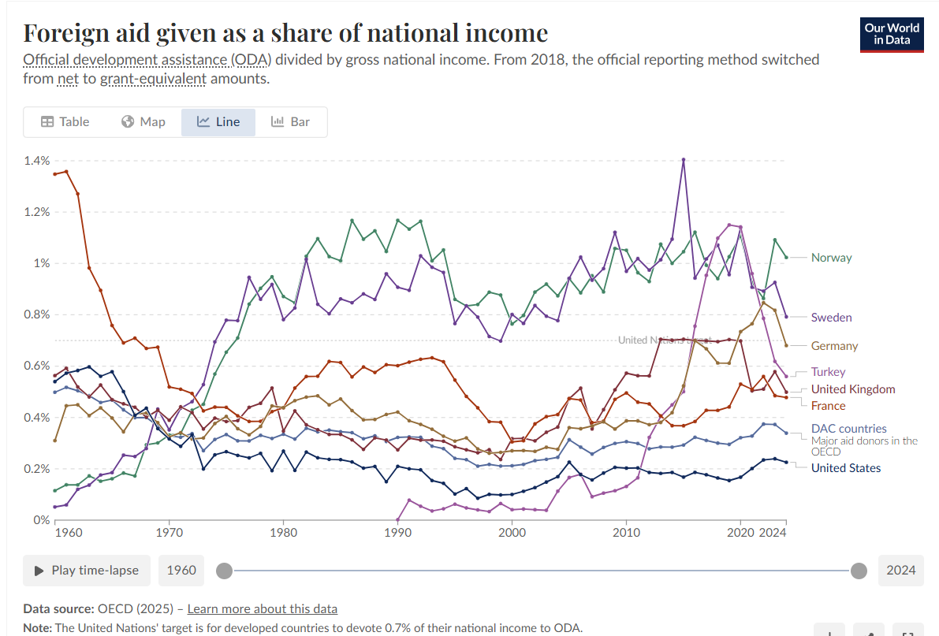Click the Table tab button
coord(65,122)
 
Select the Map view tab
coord(143,122)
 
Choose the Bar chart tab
coord(291,122)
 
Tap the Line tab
coord(218,122)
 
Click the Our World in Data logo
coord(892,34)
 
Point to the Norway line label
coord(831,258)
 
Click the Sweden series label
coord(831,318)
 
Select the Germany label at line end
coord(834,346)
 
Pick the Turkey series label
coord(828,372)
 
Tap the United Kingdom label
coord(853,389)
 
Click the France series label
coord(828,406)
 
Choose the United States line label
coord(846,468)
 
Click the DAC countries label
coord(848,429)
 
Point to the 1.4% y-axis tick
coord(37,161)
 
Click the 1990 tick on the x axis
coord(397,533)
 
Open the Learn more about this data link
coord(262,608)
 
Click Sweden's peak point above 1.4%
coord(684,159)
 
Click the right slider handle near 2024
coord(859,571)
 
